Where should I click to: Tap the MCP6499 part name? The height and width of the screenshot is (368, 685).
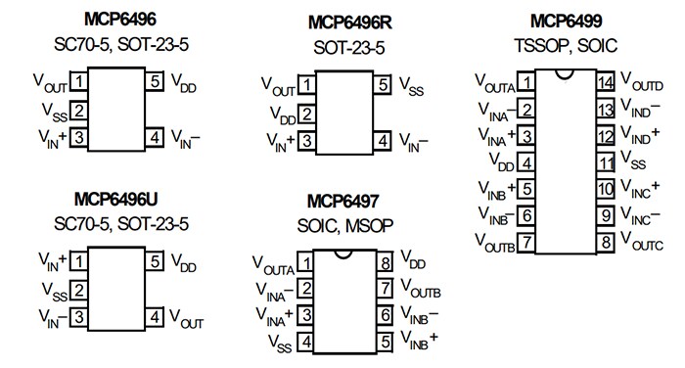coord(566,20)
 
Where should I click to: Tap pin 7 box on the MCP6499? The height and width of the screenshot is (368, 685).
coord(527,240)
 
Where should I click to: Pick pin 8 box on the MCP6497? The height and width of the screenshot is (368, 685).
coord(386,262)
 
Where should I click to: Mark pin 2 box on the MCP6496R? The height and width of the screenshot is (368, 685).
coord(307,115)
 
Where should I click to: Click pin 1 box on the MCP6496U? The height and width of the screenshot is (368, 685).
coord(78,261)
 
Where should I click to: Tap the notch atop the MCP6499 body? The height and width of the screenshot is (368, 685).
coord(567,73)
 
